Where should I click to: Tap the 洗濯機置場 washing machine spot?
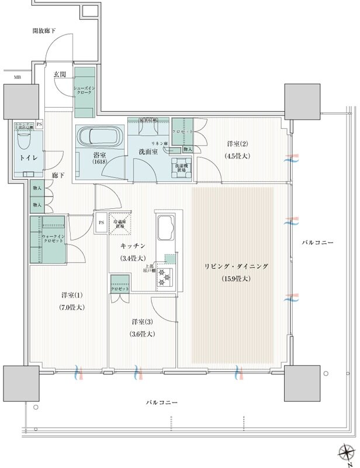coord(180,167)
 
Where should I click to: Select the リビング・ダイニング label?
coord(236,266)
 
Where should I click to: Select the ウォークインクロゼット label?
coord(51,239)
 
